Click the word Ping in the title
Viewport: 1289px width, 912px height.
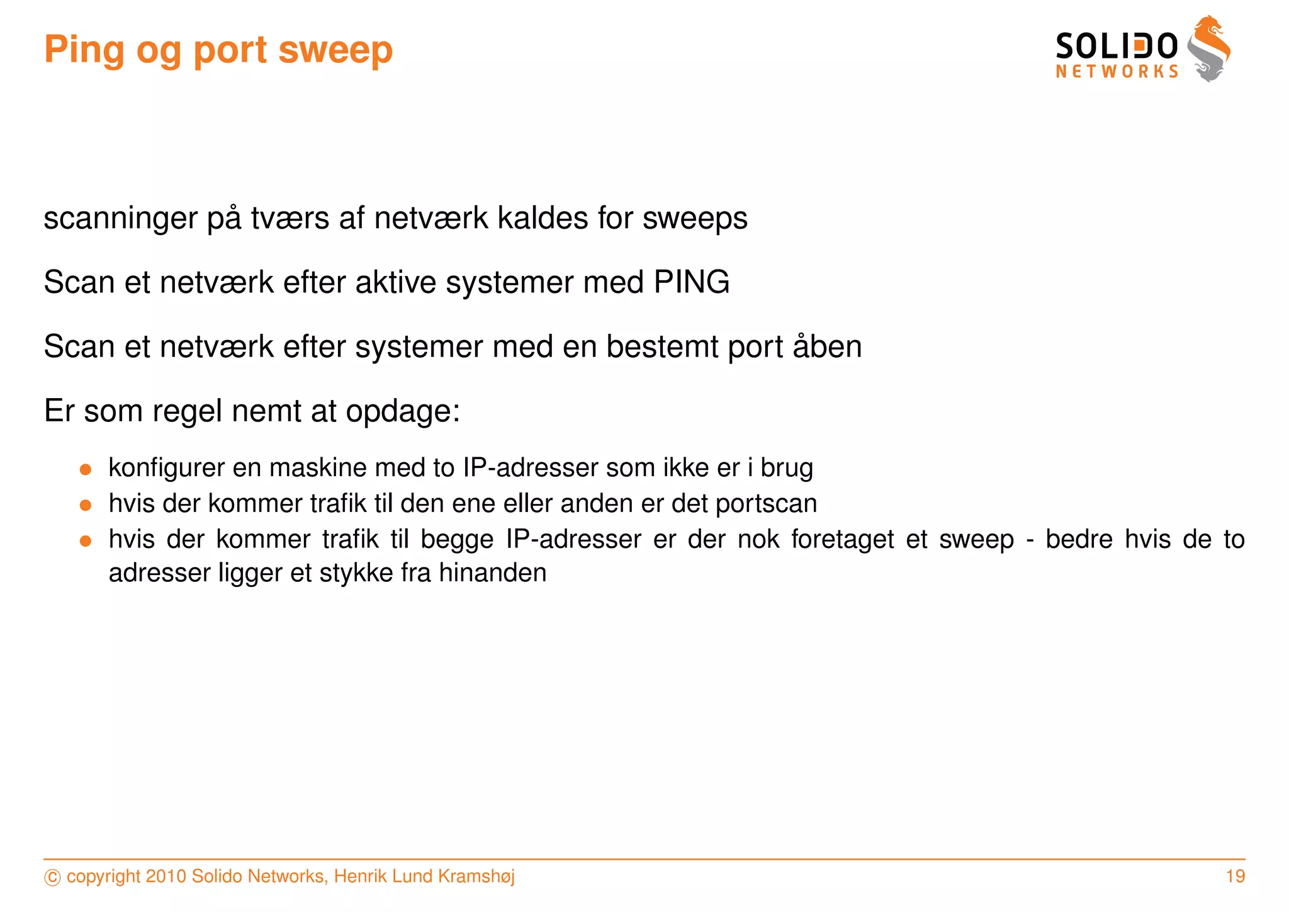click(84, 50)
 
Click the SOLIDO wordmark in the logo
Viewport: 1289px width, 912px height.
click(1116, 47)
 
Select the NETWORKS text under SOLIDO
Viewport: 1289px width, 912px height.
click(1117, 72)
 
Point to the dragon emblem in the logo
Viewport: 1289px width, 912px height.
click(1209, 49)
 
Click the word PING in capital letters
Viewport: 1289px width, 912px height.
click(691, 282)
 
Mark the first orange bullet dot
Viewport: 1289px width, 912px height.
click(86, 469)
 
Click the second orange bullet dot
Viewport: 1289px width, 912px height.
click(86, 505)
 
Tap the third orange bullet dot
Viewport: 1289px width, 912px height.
click(86, 540)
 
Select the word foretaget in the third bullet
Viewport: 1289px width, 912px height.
click(842, 540)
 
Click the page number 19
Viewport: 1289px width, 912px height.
click(1235, 876)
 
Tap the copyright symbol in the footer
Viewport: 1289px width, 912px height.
click(52, 877)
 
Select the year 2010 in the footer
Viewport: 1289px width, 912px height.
click(166, 876)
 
